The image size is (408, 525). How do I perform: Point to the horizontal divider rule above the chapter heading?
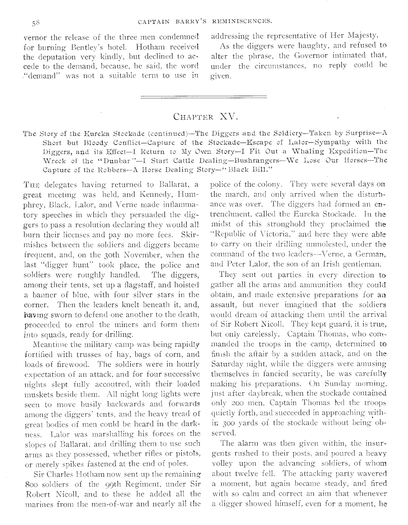point(204,97)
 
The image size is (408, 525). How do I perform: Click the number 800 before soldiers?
point(30,484)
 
